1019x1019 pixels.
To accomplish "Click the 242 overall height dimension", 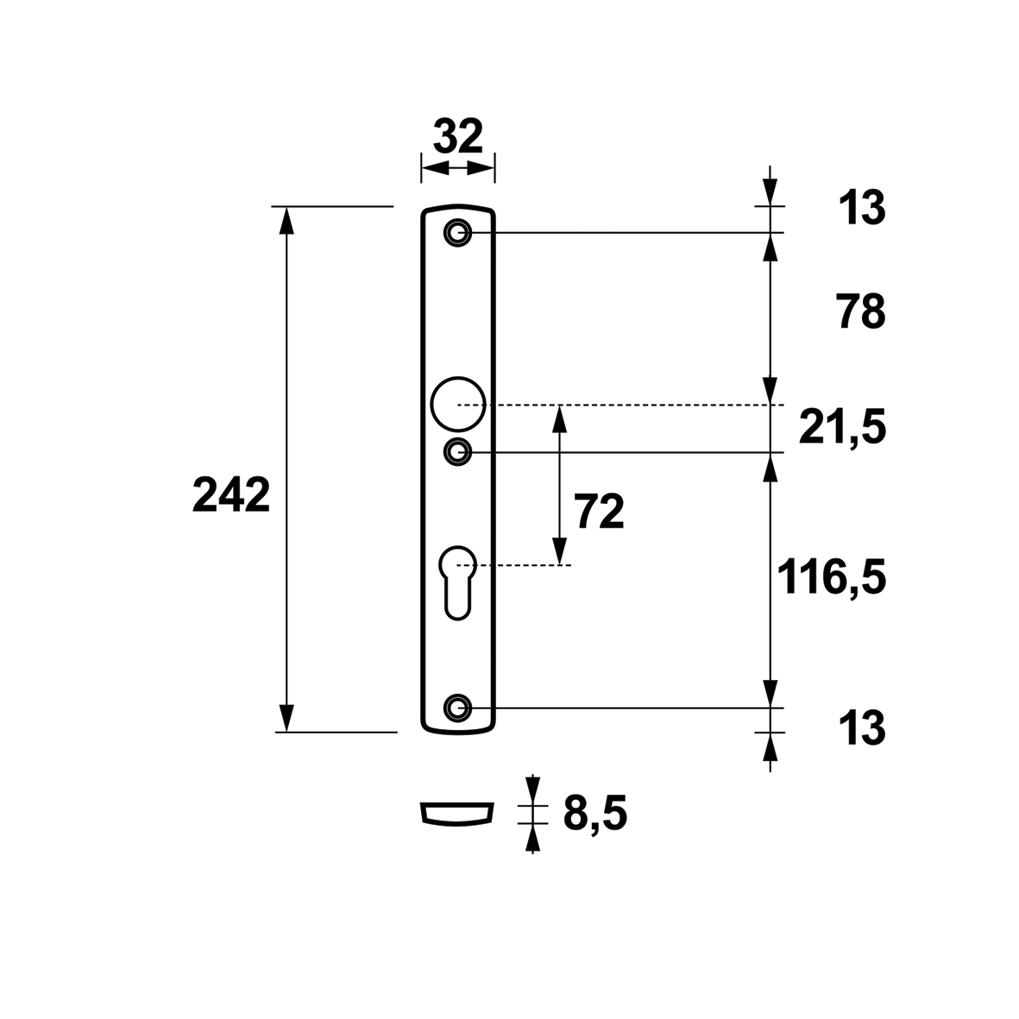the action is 230,495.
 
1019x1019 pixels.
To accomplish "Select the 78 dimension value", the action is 861,312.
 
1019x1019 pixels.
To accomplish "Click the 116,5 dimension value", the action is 832,577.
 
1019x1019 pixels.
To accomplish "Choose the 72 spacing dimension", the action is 599,512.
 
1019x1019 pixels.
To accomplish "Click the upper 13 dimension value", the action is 862,208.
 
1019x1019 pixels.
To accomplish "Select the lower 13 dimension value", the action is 862,728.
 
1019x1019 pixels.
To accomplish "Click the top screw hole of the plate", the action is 457,233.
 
